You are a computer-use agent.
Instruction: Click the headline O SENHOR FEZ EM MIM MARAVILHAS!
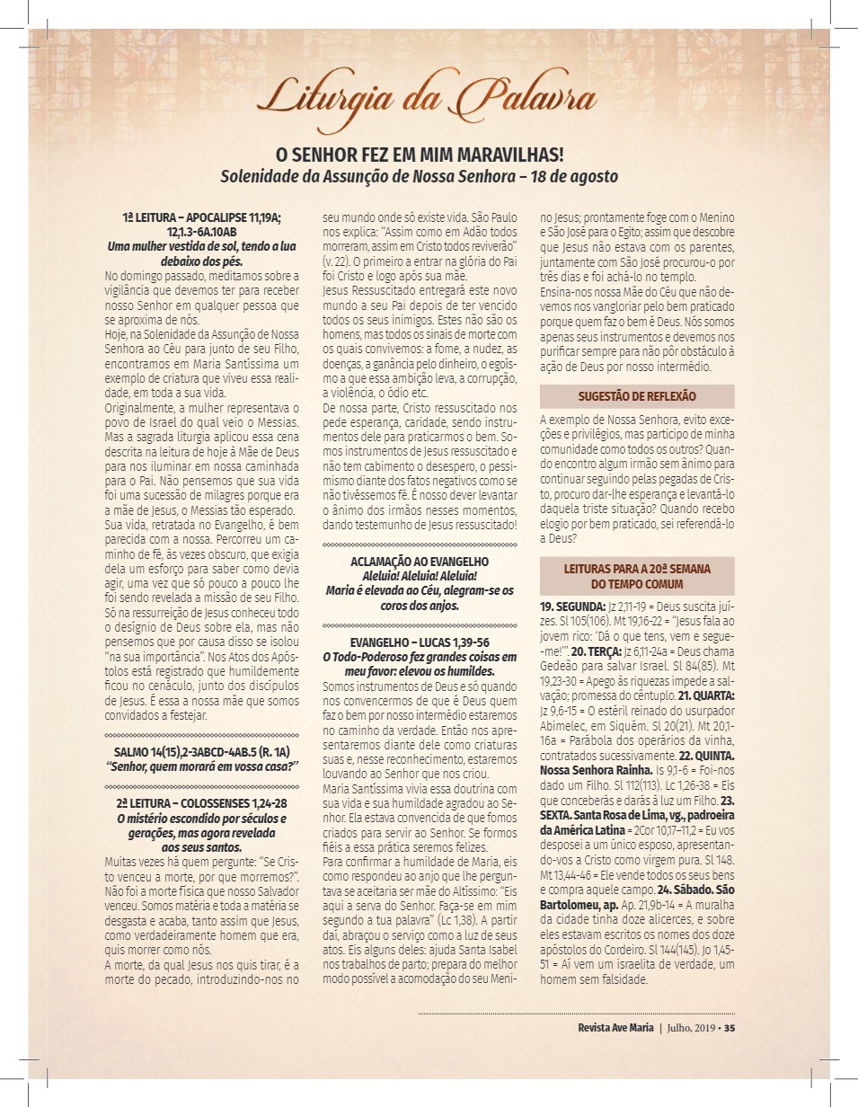point(420,155)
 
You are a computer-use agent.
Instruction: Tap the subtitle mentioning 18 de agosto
point(420,176)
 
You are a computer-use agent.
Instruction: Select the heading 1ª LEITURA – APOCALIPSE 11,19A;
point(202,218)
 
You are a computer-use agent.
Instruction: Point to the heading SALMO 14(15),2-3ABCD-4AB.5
point(202,751)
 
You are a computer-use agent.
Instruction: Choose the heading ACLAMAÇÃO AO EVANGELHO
point(420,562)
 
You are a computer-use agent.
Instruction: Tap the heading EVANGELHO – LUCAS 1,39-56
point(420,642)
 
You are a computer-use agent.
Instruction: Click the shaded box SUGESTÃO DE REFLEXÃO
point(637,396)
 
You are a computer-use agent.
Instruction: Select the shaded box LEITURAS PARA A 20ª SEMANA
point(637,576)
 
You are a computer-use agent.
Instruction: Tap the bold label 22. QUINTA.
point(709,757)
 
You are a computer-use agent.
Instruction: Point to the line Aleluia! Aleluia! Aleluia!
point(420,575)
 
